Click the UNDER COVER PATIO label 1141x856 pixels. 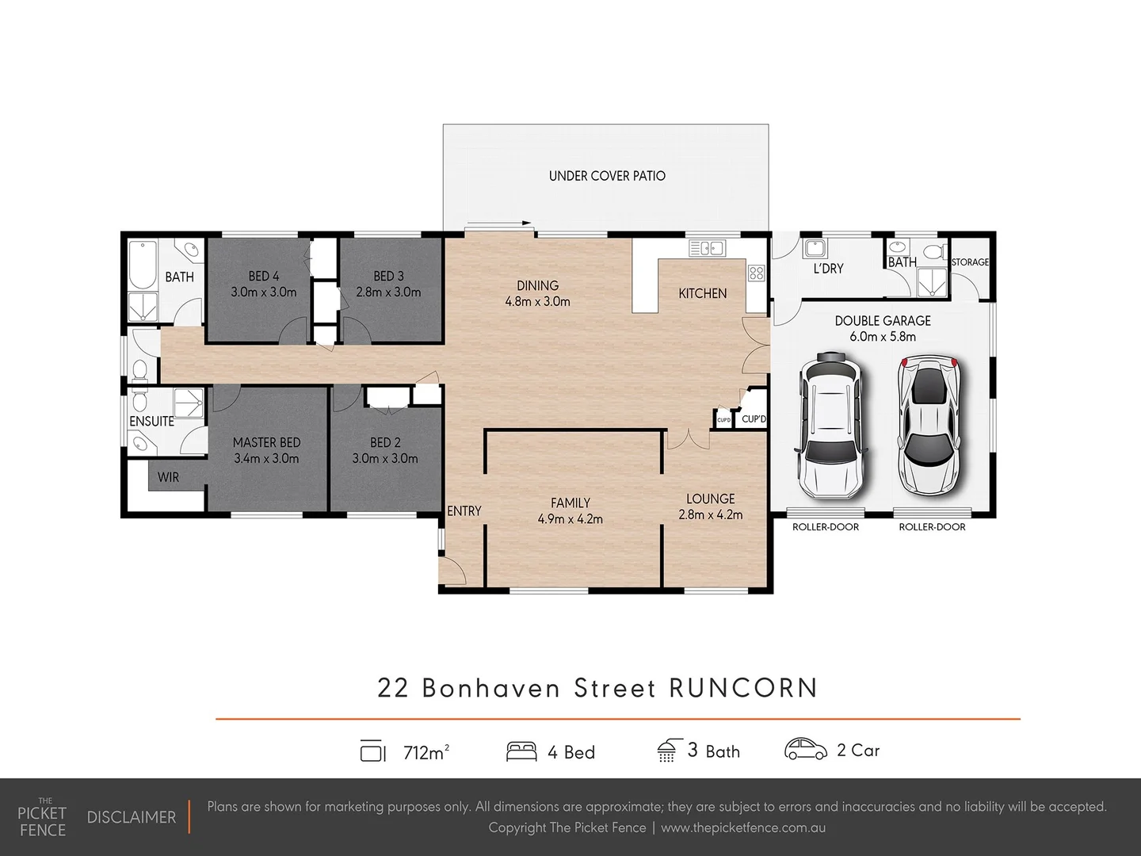(x=607, y=176)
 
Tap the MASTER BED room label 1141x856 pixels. (x=266, y=443)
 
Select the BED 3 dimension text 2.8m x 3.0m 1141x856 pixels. (x=388, y=292)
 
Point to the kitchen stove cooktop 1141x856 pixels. (x=756, y=273)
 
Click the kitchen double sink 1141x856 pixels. (x=706, y=248)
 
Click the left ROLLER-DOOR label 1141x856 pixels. (x=826, y=527)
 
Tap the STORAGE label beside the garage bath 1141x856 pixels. (x=970, y=262)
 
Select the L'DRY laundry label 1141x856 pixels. (x=828, y=269)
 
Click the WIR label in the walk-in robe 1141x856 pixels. (x=168, y=477)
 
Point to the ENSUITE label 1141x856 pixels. (x=151, y=422)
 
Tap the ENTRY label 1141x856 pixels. (x=464, y=511)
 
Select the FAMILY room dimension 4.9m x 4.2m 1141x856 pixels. (x=570, y=520)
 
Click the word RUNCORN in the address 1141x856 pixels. (x=743, y=687)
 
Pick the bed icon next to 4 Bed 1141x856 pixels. (x=521, y=751)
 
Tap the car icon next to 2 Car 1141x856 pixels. (x=805, y=749)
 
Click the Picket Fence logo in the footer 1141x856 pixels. (x=42, y=817)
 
